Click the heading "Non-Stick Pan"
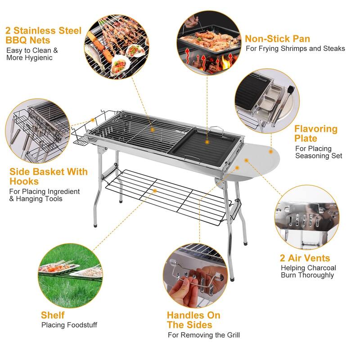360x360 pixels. (x=277, y=39)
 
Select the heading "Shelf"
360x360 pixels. (x=53, y=315)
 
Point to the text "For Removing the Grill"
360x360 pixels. (x=203, y=335)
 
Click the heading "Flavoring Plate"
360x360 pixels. (x=315, y=134)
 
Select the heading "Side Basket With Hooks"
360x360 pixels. (x=49, y=176)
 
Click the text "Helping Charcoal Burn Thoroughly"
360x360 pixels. (x=308, y=271)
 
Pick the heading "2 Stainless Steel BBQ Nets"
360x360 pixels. (x=43, y=36)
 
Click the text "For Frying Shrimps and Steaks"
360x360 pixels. (x=295, y=49)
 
